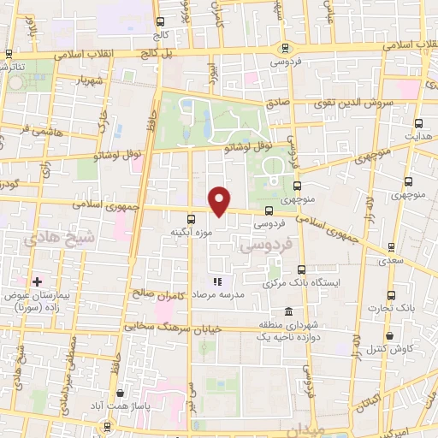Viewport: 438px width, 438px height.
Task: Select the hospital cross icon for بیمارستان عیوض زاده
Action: tap(37, 281)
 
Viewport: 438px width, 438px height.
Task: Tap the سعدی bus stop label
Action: tap(393, 257)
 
